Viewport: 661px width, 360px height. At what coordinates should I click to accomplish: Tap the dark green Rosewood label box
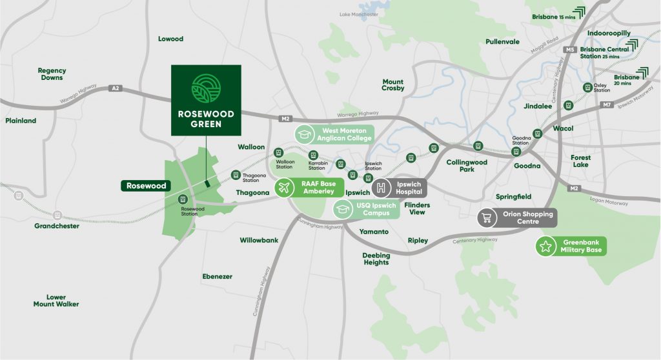145,186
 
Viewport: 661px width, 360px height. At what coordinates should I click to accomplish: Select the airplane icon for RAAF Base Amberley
283,188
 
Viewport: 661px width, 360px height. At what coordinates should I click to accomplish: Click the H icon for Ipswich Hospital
381,188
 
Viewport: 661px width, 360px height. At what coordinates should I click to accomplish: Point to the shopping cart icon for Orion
487,218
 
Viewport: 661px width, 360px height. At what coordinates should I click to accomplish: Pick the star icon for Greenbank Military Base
546,246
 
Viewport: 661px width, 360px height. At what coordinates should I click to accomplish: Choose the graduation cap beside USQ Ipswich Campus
342,208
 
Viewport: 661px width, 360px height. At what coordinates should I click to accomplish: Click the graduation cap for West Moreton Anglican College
303,134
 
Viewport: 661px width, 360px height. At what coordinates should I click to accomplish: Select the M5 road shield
569,50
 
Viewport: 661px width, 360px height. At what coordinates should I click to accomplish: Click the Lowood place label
170,39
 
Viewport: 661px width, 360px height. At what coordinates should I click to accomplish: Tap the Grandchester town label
57,226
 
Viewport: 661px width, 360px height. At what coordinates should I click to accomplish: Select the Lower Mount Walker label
56,301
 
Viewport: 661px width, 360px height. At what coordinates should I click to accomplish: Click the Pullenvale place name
502,42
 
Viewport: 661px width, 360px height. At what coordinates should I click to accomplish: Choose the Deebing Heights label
376,259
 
